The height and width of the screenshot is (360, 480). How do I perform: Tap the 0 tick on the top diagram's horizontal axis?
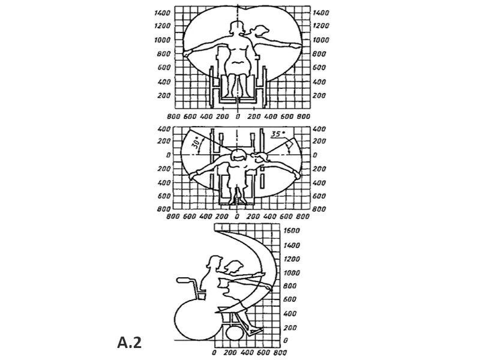pyautogui.click(x=238, y=117)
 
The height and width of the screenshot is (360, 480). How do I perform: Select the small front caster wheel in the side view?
pyautogui.click(x=236, y=332)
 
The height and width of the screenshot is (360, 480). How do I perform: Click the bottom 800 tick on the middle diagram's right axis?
pyautogui.click(x=319, y=209)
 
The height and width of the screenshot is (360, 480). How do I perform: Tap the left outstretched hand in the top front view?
pyautogui.click(x=188, y=54)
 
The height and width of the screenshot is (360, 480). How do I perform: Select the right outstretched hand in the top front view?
pyautogui.click(x=295, y=44)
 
